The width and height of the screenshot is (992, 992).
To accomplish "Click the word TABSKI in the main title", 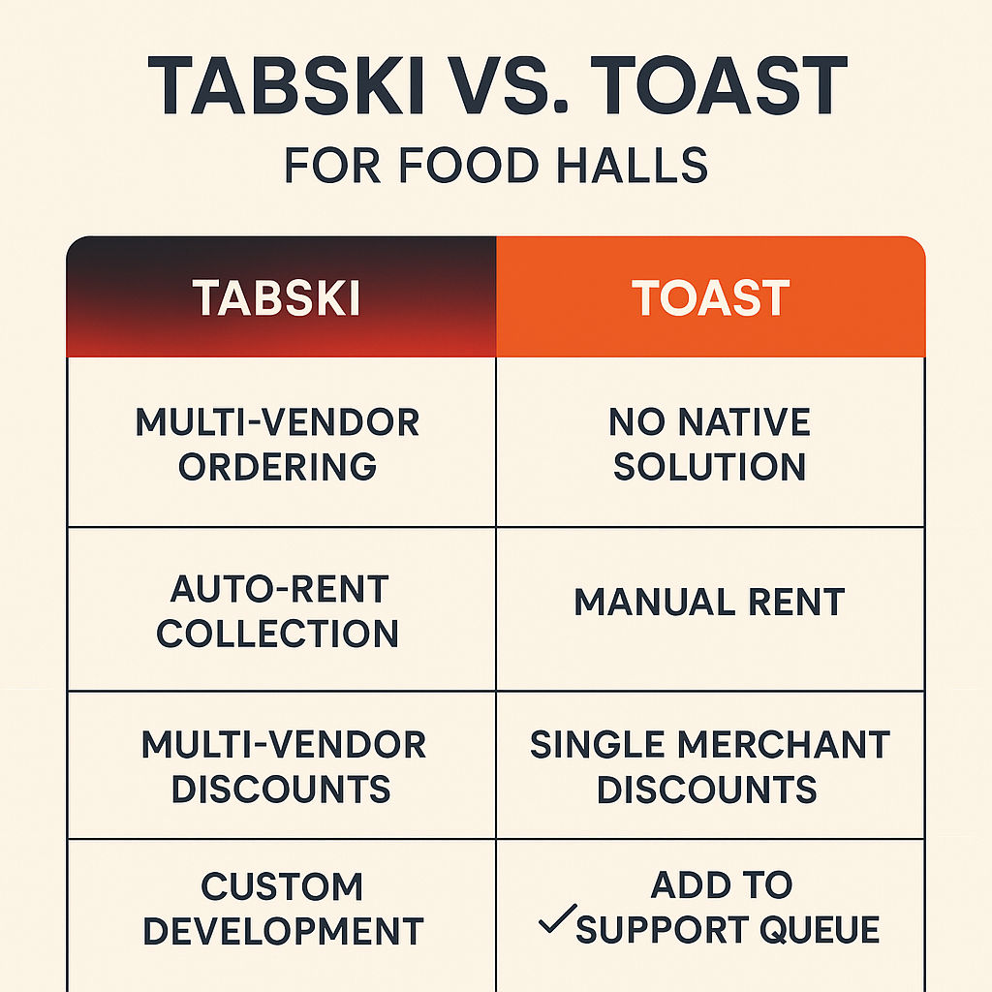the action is [x=286, y=85].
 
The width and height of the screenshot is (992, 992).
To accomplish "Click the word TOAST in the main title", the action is [x=719, y=85].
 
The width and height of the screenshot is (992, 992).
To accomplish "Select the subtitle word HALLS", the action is [x=632, y=165].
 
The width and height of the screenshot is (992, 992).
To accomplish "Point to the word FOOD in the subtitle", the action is [x=468, y=165].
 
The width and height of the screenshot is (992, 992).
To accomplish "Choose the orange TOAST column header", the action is [x=710, y=296].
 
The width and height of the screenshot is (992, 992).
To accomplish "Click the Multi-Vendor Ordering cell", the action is [x=282, y=442].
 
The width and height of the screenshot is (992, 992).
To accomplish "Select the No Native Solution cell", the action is [x=710, y=442].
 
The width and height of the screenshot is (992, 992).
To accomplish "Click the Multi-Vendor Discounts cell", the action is [x=282, y=765].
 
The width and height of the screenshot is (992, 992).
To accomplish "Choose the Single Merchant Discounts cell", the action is [x=710, y=765].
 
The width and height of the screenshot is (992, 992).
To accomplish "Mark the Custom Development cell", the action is [x=282, y=916].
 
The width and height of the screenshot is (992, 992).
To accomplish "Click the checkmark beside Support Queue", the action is [x=557, y=918].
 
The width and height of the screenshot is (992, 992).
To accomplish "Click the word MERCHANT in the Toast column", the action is [x=784, y=745].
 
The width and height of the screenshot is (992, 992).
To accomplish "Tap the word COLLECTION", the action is [x=278, y=634].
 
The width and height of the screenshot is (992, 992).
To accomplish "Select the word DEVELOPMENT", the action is [x=284, y=931].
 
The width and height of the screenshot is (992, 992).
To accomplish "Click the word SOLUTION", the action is [x=709, y=466].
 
